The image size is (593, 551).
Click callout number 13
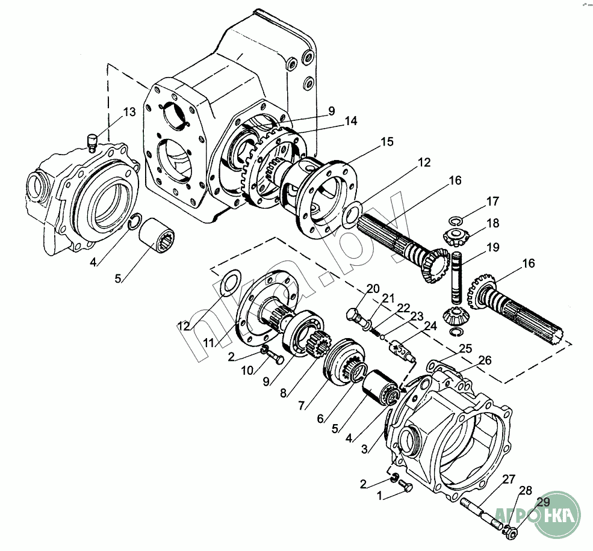[130, 112]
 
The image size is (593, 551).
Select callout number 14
[351, 122]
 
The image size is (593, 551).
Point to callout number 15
[387, 142]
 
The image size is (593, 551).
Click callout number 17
[493, 201]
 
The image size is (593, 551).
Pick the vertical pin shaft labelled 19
[457, 277]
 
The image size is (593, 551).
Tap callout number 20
[373, 288]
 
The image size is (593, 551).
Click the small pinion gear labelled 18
[456, 236]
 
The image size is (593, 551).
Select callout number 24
[429, 327]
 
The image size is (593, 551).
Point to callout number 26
[485, 360]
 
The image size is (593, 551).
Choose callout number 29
[543, 502]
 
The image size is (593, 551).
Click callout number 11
[209, 342]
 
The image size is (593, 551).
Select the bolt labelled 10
[276, 359]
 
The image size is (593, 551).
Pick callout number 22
[403, 307]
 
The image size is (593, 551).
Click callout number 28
[526, 491]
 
